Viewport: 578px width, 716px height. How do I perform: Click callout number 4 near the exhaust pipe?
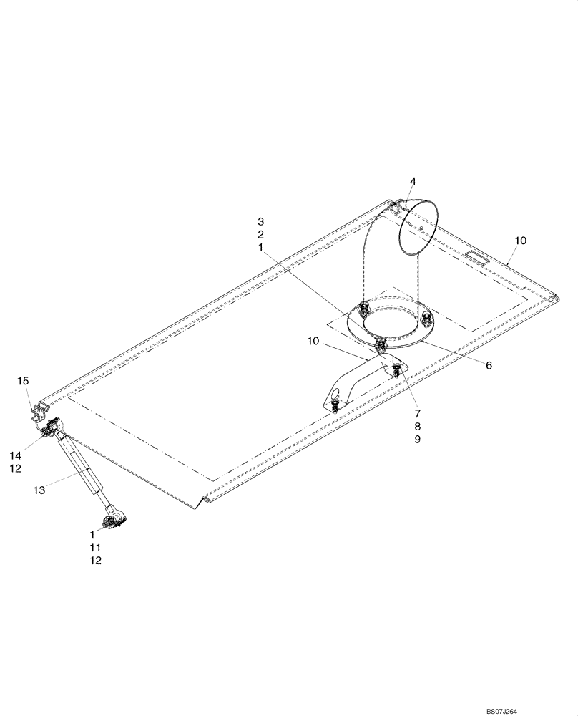point(413,181)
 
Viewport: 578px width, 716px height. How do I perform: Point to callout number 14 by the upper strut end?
point(15,455)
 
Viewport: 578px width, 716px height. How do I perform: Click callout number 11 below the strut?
point(95,547)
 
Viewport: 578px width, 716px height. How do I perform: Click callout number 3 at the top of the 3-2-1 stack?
point(261,221)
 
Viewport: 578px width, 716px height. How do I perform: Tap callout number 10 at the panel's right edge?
point(519,241)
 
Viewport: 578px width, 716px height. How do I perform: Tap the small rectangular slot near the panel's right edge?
point(476,256)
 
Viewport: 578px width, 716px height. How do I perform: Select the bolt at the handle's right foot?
point(396,369)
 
